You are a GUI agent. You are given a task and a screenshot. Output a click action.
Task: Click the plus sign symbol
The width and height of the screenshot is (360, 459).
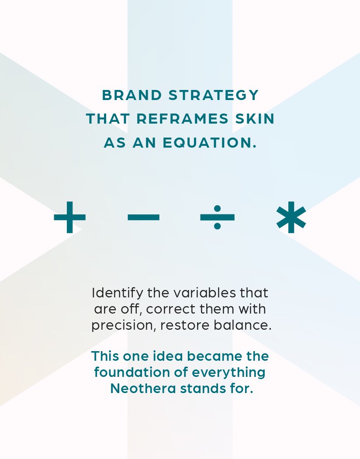point(70,217)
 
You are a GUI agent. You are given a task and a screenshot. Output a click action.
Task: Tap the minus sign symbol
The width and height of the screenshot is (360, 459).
point(144,217)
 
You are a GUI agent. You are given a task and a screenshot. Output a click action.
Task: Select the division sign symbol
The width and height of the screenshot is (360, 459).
point(217,217)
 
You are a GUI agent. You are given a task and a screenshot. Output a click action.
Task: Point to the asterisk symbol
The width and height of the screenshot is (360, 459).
point(291,217)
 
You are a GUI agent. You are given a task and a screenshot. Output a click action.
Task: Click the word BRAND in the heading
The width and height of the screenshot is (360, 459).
point(132,95)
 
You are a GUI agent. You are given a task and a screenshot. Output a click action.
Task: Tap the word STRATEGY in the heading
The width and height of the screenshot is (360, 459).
point(214,96)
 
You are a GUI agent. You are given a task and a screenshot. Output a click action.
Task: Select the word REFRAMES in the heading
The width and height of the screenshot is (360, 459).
point(182,119)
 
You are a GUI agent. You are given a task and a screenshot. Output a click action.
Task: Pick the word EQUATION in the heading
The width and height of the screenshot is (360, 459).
point(209,143)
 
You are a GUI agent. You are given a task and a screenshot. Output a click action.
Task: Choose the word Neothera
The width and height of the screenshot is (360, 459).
point(143,389)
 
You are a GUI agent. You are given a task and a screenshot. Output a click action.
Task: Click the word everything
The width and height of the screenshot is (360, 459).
point(228,373)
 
